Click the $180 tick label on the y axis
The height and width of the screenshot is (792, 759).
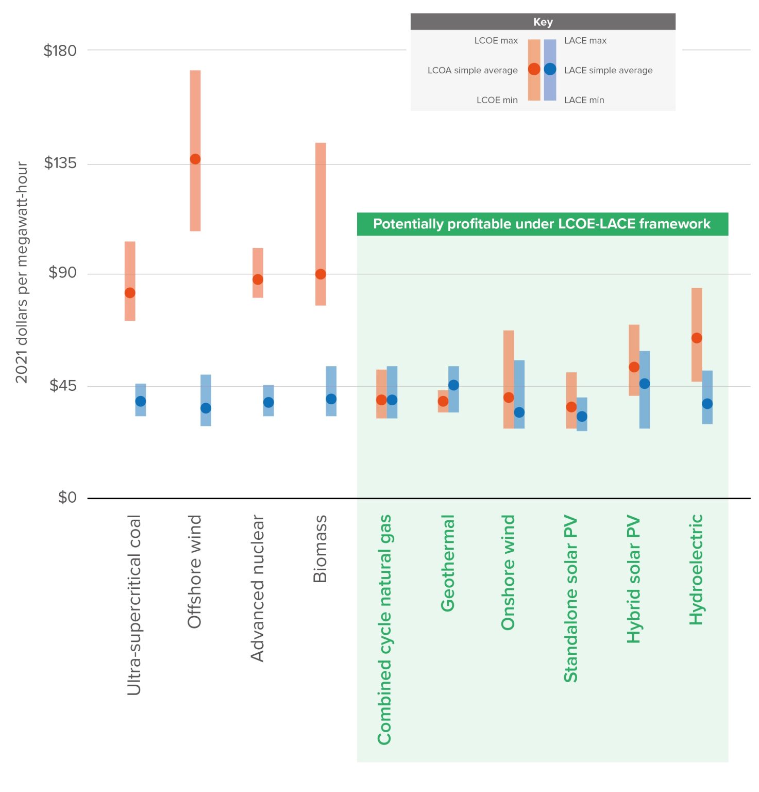click(60, 51)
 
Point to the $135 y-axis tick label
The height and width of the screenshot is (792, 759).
click(60, 163)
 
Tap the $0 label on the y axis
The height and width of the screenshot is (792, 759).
click(67, 498)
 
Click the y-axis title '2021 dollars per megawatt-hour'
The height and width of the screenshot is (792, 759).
click(22, 272)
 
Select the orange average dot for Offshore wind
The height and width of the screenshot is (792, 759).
click(195, 159)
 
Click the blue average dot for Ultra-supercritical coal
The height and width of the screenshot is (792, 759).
click(141, 401)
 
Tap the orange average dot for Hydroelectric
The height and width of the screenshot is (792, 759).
click(697, 338)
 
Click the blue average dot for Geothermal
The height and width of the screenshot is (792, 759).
click(453, 385)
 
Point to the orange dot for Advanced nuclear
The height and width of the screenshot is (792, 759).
click(258, 279)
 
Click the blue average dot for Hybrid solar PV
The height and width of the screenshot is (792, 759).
click(645, 384)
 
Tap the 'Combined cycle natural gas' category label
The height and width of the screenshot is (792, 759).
click(385, 630)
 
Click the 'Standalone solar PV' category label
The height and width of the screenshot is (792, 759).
click(571, 599)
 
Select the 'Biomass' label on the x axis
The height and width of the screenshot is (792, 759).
click(321, 549)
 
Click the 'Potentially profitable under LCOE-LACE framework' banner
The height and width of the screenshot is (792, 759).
click(542, 224)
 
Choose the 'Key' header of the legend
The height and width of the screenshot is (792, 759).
click(543, 22)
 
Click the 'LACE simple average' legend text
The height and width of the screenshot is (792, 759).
click(608, 70)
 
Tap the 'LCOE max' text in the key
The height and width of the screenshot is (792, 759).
click(496, 41)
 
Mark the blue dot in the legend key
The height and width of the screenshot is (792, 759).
click(550, 69)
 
